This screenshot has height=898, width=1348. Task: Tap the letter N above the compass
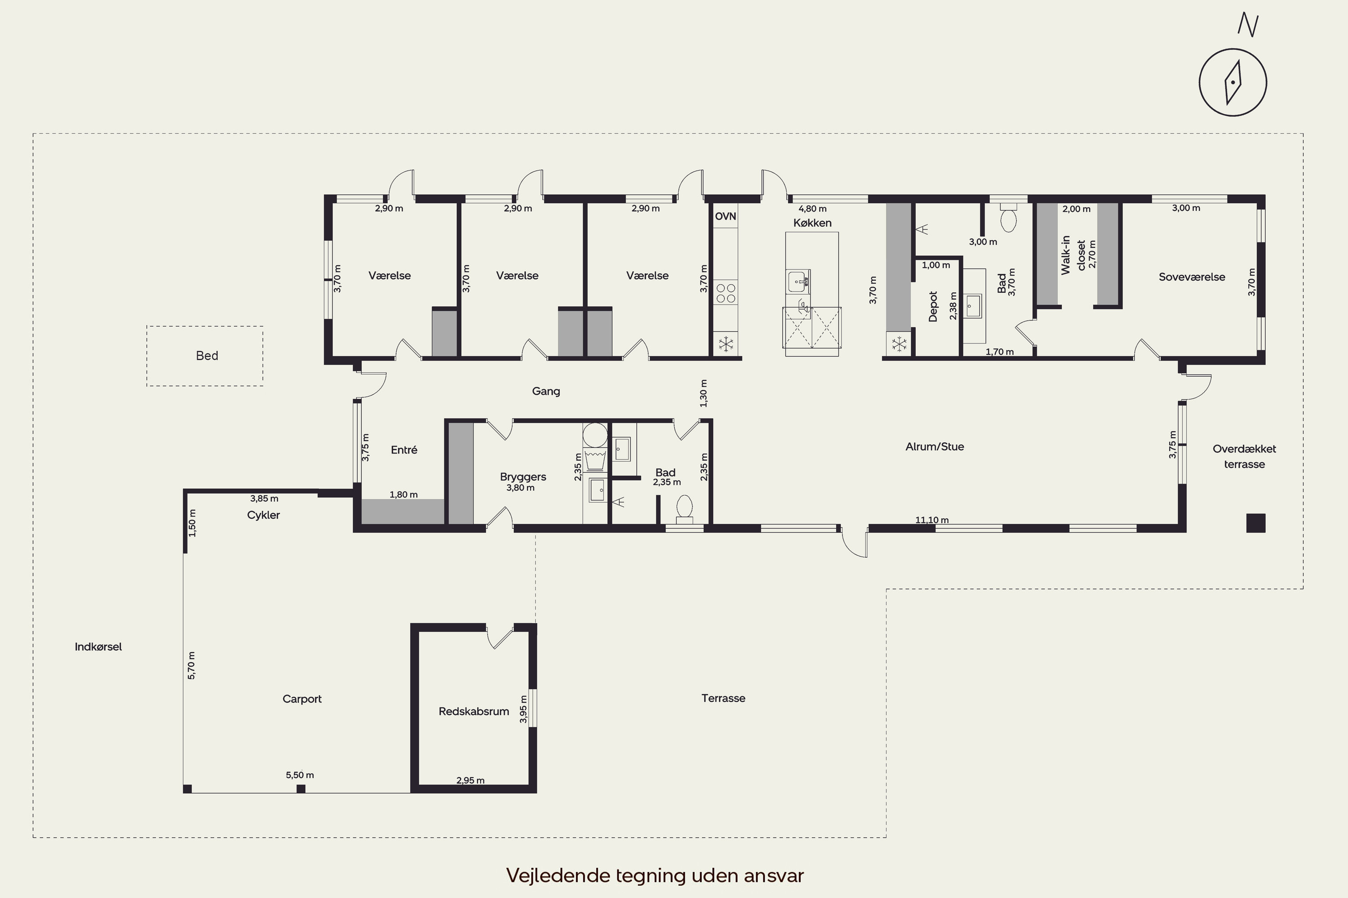pos(1247,25)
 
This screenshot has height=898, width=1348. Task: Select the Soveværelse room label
pos(1192,277)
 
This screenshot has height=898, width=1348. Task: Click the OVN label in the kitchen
pos(725,216)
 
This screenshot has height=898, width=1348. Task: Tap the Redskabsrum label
pos(474,711)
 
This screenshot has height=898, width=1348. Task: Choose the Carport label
pos(302,699)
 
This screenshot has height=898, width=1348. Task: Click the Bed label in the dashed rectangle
pos(207,356)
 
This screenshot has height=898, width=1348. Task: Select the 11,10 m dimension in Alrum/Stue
pos(931,520)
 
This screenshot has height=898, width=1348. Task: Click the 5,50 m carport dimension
pos(300,775)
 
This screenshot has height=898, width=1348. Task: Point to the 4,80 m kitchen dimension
pos(812,208)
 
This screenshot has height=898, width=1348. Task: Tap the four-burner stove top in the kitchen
pos(725,293)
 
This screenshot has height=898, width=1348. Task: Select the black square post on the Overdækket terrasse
pos(1256,523)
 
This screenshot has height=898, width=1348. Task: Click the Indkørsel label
pos(98,647)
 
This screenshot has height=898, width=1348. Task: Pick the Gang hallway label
pos(545,392)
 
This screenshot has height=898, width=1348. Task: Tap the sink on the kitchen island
pos(798,281)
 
